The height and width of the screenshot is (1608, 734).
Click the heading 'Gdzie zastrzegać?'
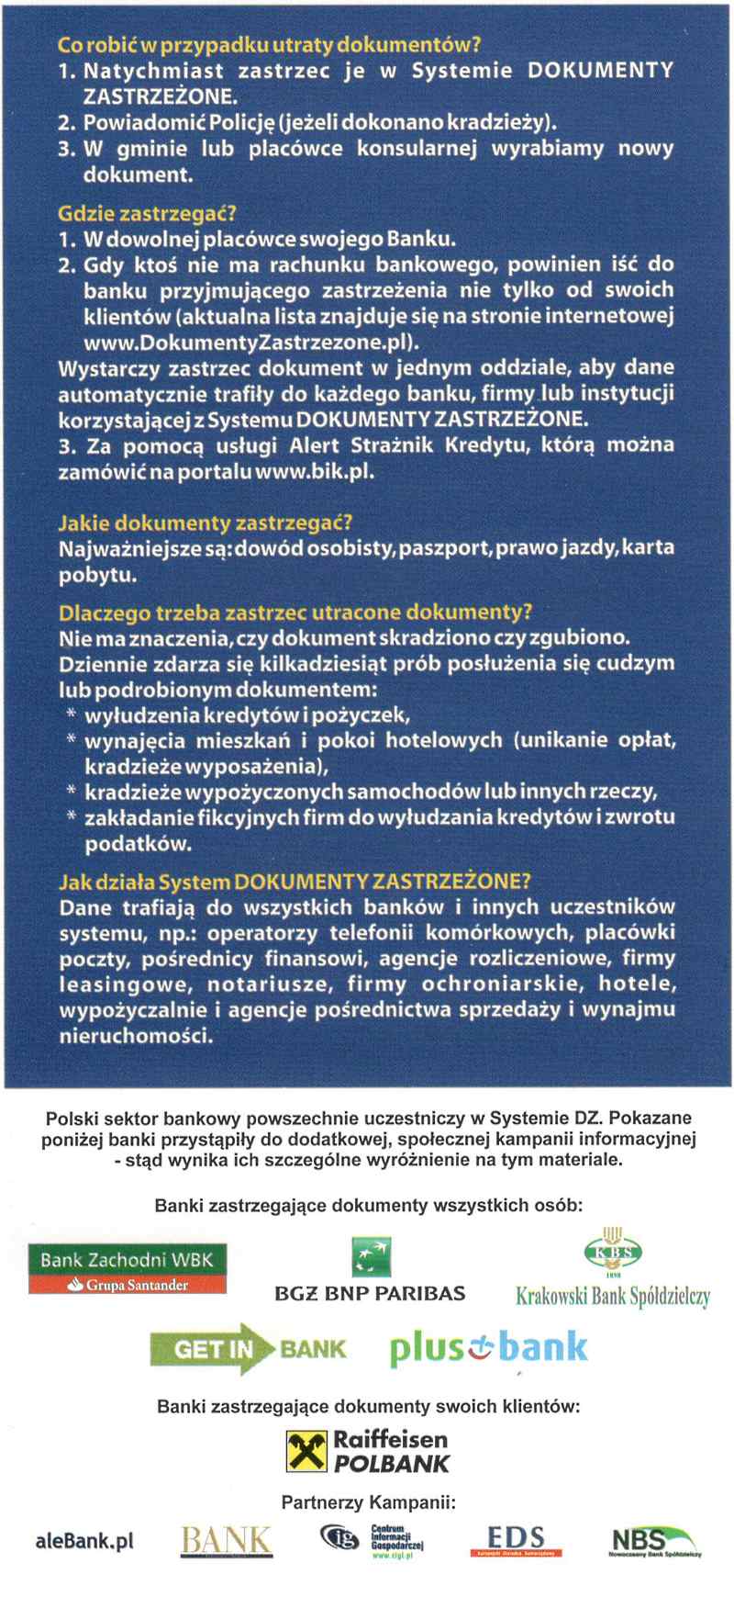pyautogui.click(x=147, y=214)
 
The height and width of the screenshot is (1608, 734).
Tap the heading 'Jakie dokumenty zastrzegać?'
pyautogui.click(x=205, y=523)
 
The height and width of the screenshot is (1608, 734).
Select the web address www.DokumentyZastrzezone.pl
pyautogui.click(x=251, y=343)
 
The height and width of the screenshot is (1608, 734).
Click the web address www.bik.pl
pyautogui.click(x=314, y=471)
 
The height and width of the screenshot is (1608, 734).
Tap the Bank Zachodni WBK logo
pyautogui.click(x=128, y=1268)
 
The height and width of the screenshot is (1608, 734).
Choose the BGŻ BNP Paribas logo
pyautogui.click(x=371, y=1271)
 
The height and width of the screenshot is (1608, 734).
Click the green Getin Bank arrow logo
pyautogui.click(x=248, y=1348)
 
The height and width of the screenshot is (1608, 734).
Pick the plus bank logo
pyautogui.click(x=488, y=1348)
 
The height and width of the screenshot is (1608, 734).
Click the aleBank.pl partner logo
pyautogui.click(x=84, y=1540)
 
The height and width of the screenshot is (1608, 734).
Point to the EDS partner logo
pyautogui.click(x=516, y=1540)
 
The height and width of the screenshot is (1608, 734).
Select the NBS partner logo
pyautogui.click(x=655, y=1541)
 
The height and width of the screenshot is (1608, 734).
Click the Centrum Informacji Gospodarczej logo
pyautogui.click(x=372, y=1540)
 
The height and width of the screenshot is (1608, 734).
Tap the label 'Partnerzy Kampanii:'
pyautogui.click(x=368, y=1502)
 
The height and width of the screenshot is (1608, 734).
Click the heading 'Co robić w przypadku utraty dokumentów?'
pyautogui.click(x=269, y=45)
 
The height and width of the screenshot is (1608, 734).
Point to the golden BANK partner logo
pyautogui.click(x=227, y=1540)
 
